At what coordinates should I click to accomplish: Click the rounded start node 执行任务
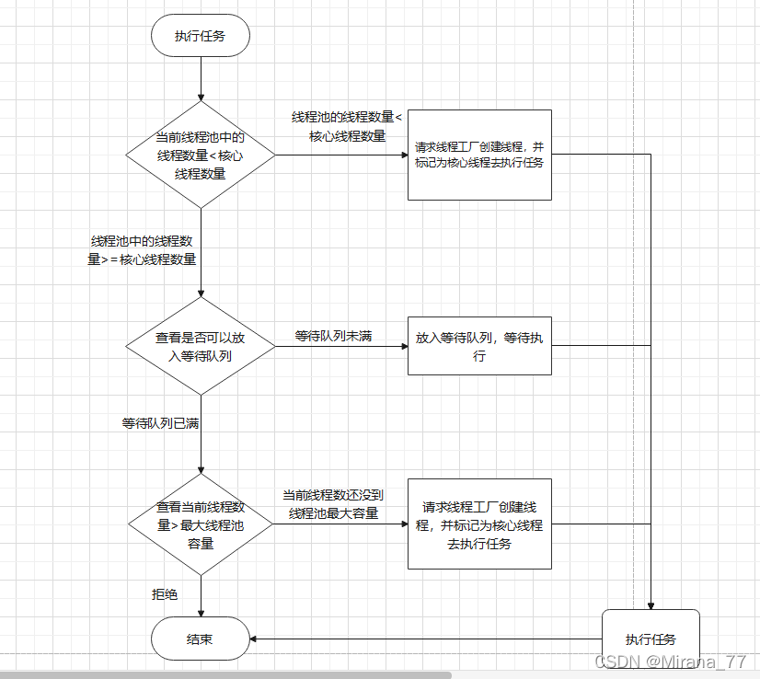pyautogui.click(x=200, y=37)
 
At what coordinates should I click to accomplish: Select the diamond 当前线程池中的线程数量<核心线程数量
pyautogui.click(x=200, y=155)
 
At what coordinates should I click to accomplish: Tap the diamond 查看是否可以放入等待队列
pyautogui.click(x=200, y=346)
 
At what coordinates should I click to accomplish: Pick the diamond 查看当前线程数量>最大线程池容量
pyautogui.click(x=200, y=524)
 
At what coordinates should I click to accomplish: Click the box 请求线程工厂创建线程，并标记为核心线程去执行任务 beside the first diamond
pyautogui.click(x=479, y=155)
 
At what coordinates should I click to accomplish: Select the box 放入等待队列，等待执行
pyautogui.click(x=479, y=346)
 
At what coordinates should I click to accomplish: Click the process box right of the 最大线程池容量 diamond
pyautogui.click(x=479, y=524)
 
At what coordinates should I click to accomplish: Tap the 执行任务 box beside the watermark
pyautogui.click(x=651, y=639)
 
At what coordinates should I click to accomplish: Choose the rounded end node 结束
pyautogui.click(x=200, y=639)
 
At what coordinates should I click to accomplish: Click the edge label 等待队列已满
pyautogui.click(x=160, y=423)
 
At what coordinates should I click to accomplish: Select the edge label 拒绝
pyautogui.click(x=165, y=594)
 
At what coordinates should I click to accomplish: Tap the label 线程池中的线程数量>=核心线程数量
pyautogui.click(x=142, y=249)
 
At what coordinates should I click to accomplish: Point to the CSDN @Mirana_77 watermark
pyautogui.click(x=671, y=662)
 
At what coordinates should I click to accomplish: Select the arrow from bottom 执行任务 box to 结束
pyautogui.click(x=423, y=639)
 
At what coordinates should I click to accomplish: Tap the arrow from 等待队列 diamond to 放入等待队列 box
pyautogui.click(x=340, y=347)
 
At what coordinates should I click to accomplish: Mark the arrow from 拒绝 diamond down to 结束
pyautogui.click(x=200, y=589)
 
